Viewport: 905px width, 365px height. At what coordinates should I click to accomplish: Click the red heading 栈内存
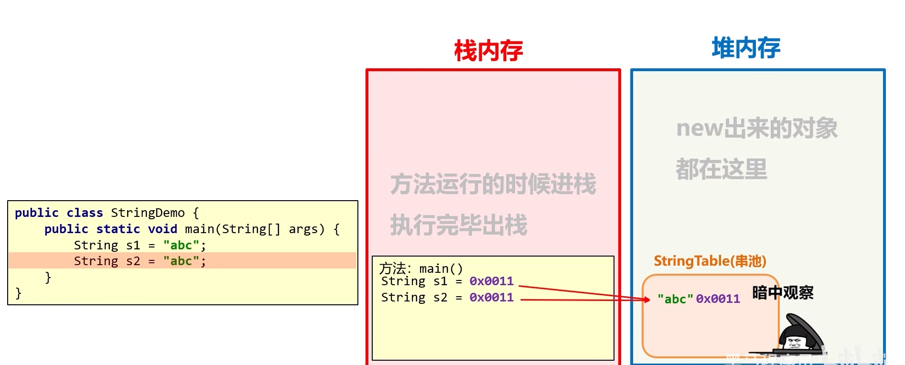click(488, 51)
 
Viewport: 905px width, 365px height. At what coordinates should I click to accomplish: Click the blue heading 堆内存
click(745, 48)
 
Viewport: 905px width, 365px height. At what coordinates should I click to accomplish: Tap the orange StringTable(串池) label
click(710, 261)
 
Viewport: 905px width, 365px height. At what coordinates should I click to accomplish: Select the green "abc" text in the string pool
click(675, 299)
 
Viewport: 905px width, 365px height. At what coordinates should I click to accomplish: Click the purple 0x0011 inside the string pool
click(718, 299)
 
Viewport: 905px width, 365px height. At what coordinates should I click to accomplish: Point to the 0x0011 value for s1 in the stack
click(491, 281)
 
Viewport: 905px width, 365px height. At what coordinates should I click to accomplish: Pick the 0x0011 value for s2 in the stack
click(491, 297)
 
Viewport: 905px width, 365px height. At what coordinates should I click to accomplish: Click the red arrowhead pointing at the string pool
click(646, 300)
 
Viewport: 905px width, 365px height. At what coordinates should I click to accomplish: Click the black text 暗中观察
click(783, 292)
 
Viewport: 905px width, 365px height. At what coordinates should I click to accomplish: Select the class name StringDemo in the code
click(148, 213)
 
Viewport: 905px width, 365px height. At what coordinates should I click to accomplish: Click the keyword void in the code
click(162, 229)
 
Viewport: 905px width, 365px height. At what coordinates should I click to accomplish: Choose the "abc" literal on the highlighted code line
click(181, 261)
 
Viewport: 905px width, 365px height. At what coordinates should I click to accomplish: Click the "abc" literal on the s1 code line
click(181, 245)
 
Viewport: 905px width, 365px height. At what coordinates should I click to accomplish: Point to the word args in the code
click(306, 229)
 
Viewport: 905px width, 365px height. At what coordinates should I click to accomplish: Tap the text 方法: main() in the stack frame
click(420, 268)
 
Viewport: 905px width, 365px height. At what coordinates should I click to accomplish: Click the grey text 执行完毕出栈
click(459, 225)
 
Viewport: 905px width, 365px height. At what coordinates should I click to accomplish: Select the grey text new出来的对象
click(757, 128)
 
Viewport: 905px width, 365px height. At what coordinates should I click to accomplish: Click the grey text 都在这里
click(721, 169)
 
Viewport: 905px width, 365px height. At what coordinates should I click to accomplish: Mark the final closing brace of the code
click(19, 293)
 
